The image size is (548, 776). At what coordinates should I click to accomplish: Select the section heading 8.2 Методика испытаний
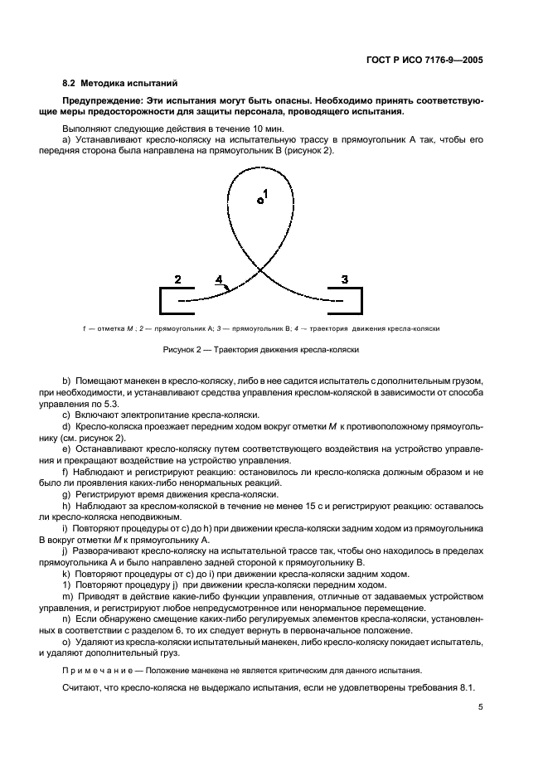[119, 84]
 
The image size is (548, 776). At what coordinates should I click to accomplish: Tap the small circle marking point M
[259, 200]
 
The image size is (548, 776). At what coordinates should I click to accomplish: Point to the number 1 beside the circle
[265, 193]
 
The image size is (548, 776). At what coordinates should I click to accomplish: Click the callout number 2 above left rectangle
[177, 279]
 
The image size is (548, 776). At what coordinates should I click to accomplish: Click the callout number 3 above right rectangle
[345, 279]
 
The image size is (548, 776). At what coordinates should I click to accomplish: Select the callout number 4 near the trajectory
[219, 280]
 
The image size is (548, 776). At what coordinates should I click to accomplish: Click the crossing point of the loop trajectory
[261, 269]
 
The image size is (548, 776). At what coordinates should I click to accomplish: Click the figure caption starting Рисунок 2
[260, 350]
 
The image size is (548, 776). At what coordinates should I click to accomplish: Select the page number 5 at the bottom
[481, 707]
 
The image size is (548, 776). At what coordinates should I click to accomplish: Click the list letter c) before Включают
[66, 414]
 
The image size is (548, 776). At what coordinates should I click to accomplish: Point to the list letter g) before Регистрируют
[66, 494]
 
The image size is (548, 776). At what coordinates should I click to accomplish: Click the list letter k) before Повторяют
[66, 574]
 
